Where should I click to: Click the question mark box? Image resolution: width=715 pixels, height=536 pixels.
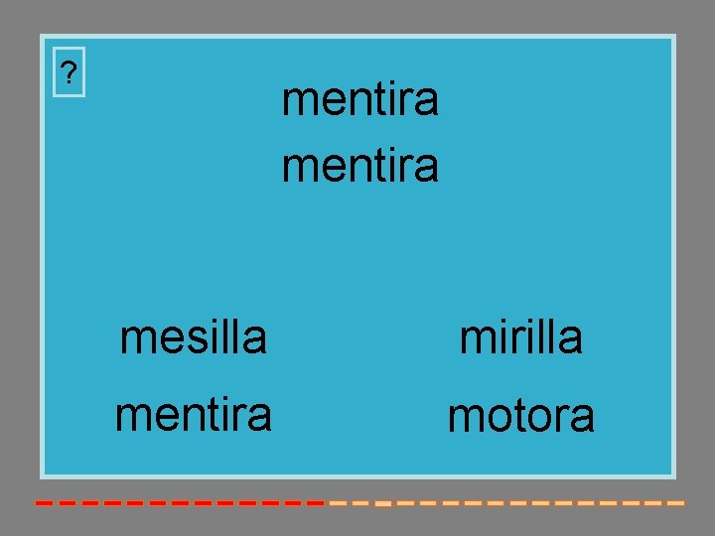[x=69, y=72]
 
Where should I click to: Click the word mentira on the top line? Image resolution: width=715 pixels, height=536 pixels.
[x=359, y=100]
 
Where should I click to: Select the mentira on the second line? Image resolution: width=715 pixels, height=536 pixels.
[x=359, y=165]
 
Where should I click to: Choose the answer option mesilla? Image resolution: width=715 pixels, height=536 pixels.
[x=193, y=337]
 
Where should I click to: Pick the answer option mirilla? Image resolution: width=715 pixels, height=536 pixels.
[x=520, y=337]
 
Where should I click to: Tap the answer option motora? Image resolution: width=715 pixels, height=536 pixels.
[x=520, y=417]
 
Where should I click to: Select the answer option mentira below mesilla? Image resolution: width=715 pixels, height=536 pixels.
[x=193, y=415]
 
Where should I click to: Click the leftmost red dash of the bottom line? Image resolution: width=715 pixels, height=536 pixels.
[x=44, y=503]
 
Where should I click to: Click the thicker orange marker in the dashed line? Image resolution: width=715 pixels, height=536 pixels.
[x=381, y=504]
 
